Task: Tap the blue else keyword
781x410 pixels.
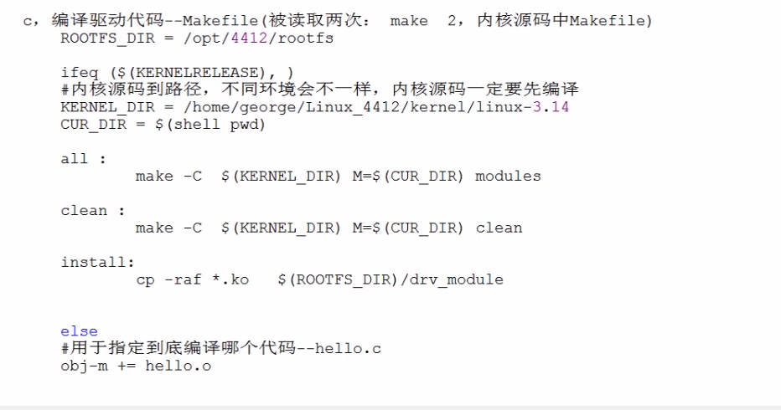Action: pos(79,331)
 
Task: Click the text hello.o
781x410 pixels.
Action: pos(178,366)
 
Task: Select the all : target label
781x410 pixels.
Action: pos(84,158)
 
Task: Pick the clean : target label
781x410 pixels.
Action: pos(93,210)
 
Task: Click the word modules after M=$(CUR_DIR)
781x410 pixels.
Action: pos(508,176)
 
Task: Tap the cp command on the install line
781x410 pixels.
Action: pos(145,279)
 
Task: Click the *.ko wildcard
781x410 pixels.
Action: pos(230,279)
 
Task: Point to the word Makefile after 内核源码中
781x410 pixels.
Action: pos(605,20)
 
